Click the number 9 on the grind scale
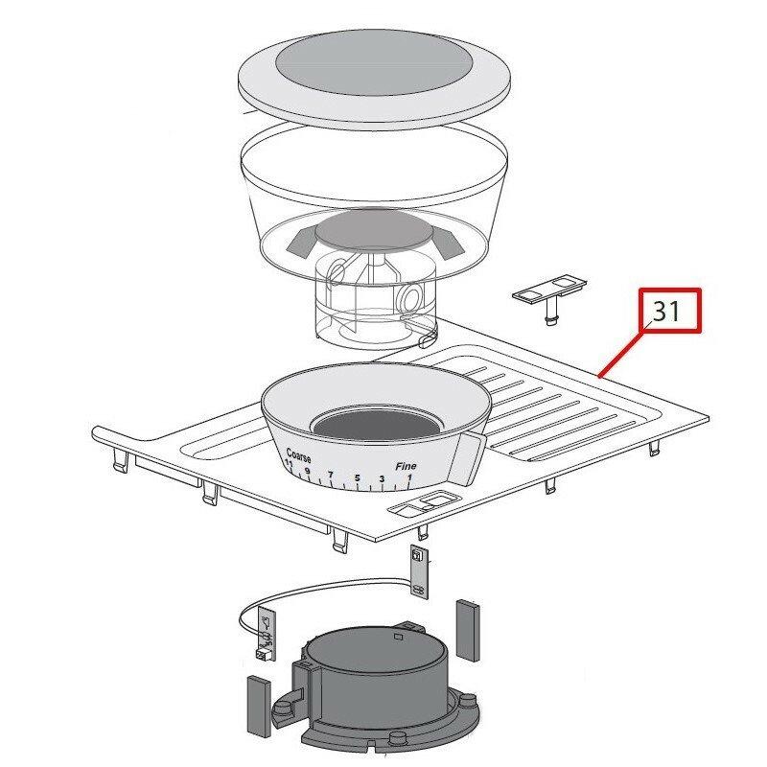(x=308, y=471)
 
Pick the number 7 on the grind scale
(x=331, y=476)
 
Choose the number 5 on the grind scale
(x=357, y=478)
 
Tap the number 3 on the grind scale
(x=382, y=478)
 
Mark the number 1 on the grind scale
(x=409, y=476)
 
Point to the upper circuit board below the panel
(x=418, y=571)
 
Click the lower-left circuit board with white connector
(x=266, y=636)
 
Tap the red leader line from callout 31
(x=623, y=351)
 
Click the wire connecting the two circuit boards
(x=326, y=584)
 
